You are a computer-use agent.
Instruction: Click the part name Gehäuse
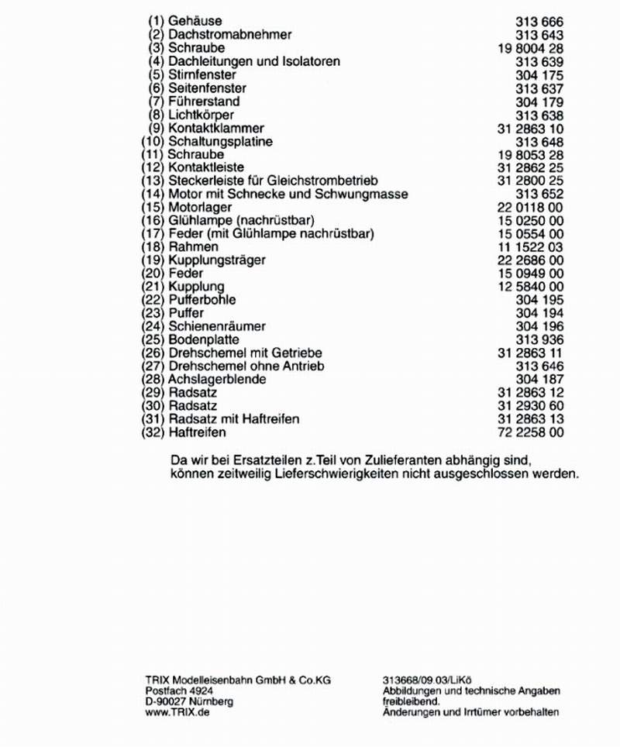point(194,21)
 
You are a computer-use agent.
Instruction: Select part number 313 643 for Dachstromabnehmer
point(539,35)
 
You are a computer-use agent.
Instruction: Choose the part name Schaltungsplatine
point(220,142)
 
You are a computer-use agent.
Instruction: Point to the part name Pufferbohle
point(202,300)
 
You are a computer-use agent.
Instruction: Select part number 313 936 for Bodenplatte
point(539,340)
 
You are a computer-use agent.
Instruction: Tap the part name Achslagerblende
point(217,380)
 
